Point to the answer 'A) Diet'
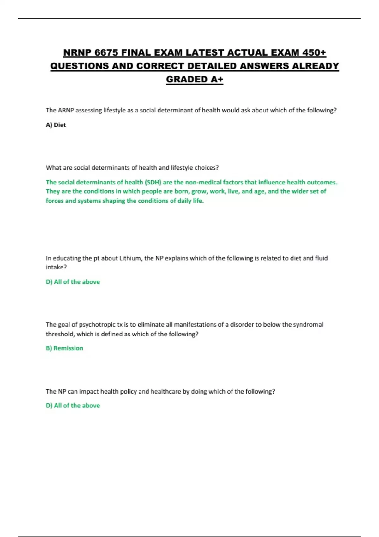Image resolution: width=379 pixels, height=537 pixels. [56, 125]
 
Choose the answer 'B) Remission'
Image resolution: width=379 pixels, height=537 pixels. [64, 348]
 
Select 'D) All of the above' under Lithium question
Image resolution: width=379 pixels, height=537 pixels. [73, 282]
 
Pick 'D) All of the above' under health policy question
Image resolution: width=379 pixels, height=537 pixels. [73, 406]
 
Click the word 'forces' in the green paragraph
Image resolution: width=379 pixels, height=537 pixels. [54, 201]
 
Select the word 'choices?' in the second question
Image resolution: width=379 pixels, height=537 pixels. [208, 168]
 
